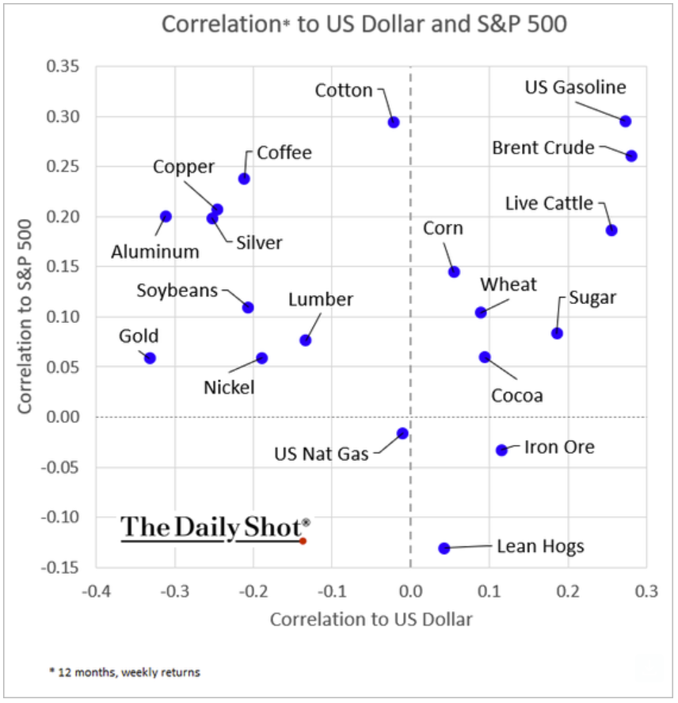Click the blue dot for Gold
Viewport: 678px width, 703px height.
150,358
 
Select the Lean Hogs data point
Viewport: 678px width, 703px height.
444,548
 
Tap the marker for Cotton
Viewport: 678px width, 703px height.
394,122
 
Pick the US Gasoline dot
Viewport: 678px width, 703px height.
625,121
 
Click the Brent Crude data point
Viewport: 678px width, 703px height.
631,156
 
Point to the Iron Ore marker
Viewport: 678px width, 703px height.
501,450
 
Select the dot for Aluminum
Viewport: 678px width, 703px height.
166,216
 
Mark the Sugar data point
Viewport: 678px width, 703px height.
557,333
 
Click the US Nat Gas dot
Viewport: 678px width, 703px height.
402,433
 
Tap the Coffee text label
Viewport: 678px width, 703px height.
284,153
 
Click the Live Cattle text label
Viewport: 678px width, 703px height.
549,203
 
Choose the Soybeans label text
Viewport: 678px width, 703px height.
177,291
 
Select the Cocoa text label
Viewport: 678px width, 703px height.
517,395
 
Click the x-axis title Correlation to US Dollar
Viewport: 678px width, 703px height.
371,619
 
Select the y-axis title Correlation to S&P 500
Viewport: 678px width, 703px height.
25,317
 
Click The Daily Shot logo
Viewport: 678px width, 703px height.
215,528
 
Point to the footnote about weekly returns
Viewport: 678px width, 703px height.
124,672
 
